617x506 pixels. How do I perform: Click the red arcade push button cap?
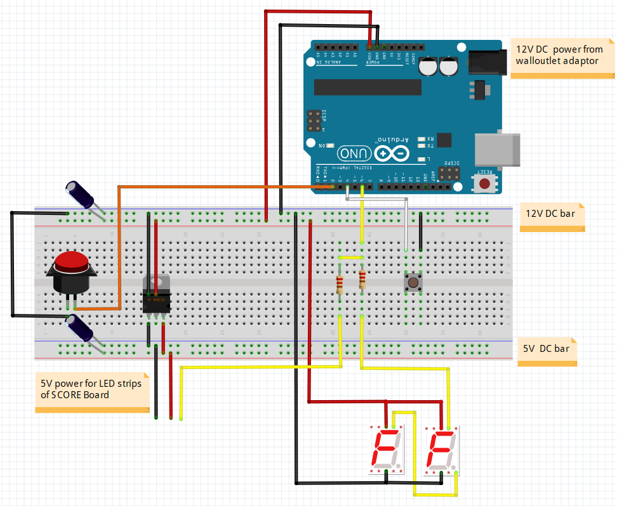tap(70, 261)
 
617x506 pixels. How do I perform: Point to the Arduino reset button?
tap(485, 183)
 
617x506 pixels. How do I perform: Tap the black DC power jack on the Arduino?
tap(488, 63)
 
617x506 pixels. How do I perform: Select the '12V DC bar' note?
tap(550, 214)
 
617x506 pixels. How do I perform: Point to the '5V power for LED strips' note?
tap(91, 389)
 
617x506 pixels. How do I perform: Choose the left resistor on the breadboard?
tap(340, 285)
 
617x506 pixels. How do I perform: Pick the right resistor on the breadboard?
tap(362, 279)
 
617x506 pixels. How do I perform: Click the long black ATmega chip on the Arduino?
tap(368, 87)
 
